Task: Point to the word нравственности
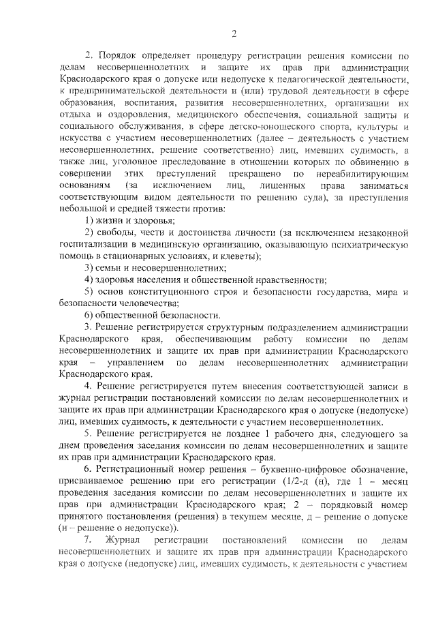(284, 280)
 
